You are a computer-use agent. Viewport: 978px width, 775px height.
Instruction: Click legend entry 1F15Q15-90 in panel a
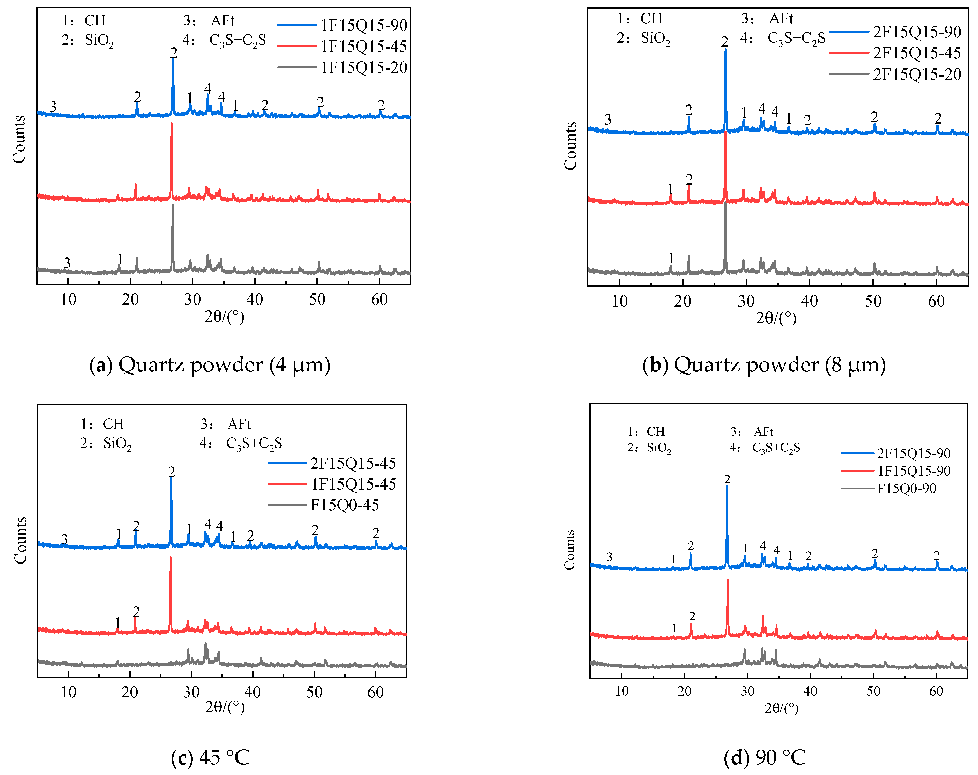click(x=364, y=25)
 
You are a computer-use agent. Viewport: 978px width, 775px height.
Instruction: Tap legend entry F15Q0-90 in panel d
click(x=906, y=488)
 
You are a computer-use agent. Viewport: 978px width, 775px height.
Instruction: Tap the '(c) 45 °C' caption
click(x=210, y=757)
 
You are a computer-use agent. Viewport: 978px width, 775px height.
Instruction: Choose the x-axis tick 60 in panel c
click(x=376, y=692)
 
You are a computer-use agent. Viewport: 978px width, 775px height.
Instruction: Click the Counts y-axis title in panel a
click(x=19, y=140)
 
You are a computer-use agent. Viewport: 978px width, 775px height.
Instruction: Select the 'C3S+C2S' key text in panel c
click(x=254, y=443)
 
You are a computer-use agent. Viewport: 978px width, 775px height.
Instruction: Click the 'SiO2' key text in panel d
click(x=659, y=448)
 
